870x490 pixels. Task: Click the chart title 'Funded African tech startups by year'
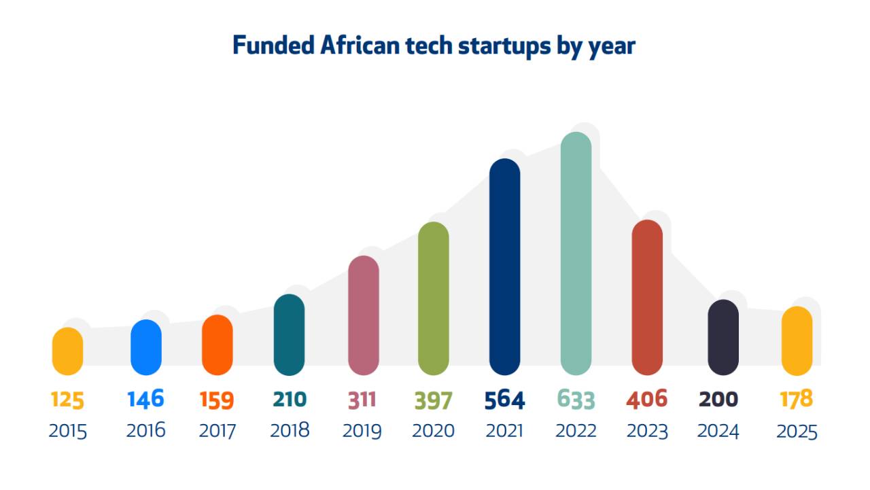point(434,46)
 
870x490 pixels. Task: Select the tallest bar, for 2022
point(576,253)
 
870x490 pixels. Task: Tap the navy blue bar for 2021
point(504,266)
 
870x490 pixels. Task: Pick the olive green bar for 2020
point(433,298)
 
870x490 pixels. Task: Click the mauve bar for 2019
point(363,315)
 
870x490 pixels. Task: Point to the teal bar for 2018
point(289,334)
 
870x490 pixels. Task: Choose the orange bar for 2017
point(217,345)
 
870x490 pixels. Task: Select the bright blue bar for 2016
point(146,347)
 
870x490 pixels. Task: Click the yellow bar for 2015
point(67,351)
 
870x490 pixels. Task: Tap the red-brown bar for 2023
point(647,297)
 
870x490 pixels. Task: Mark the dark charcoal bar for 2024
point(723,337)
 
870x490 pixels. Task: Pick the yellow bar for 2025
point(797,341)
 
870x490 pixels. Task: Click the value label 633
point(576,400)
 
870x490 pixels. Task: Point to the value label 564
point(504,400)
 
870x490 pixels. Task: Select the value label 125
point(67,400)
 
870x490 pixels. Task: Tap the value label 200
point(718,400)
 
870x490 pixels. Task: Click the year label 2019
point(362,431)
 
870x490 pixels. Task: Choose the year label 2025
point(797,432)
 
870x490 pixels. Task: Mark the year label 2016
point(145,430)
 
